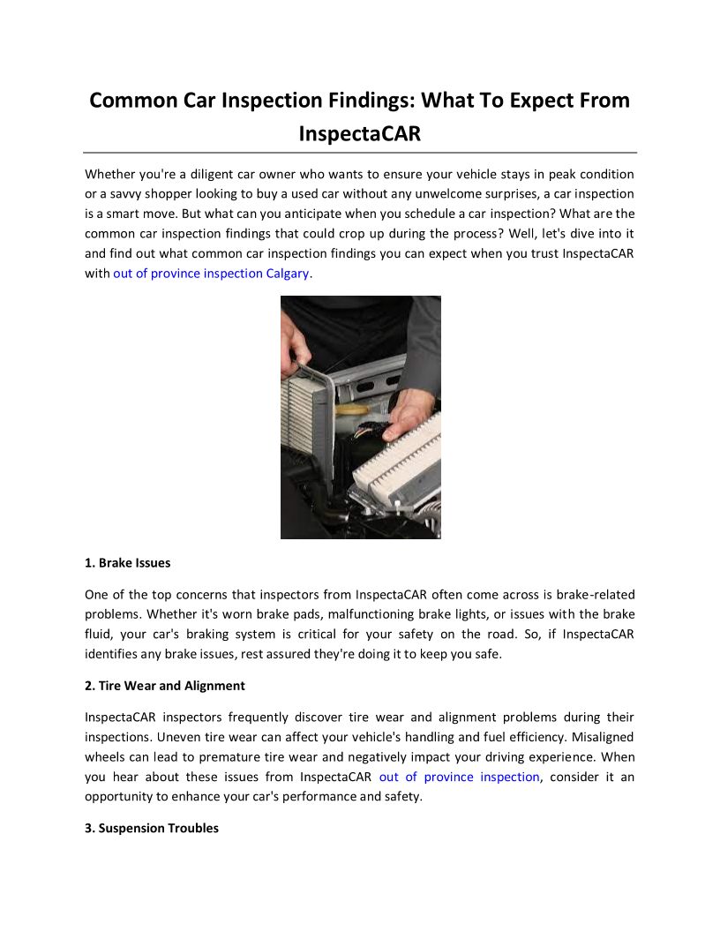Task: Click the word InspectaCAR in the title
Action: click(x=359, y=134)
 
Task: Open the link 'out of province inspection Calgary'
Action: click(x=212, y=274)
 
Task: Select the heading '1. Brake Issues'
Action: click(x=128, y=562)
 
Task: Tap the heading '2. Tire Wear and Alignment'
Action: click(x=165, y=685)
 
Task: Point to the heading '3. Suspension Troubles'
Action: click(x=152, y=828)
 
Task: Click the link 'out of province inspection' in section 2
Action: click(x=459, y=777)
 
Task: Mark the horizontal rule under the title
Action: click(x=360, y=153)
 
